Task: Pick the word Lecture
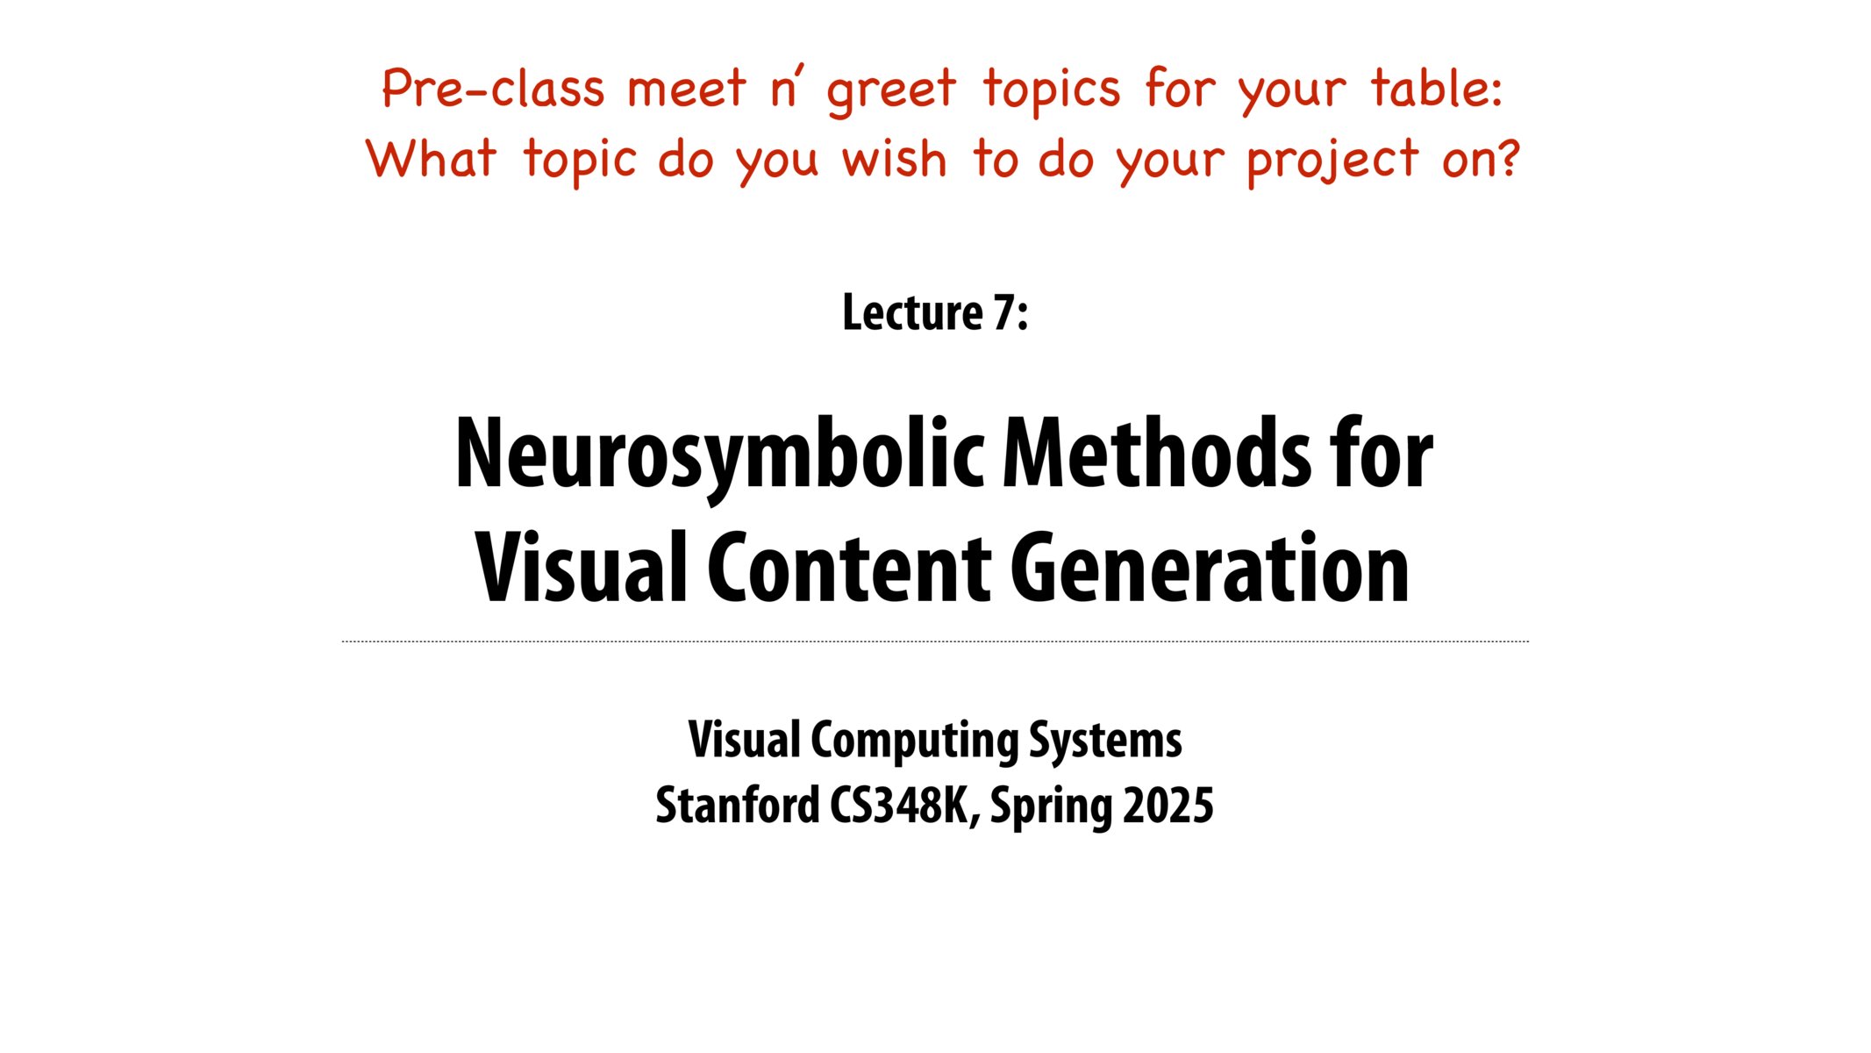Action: (912, 313)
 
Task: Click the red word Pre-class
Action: (493, 89)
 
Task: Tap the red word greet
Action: (891, 90)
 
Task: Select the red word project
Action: (1332, 161)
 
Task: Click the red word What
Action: (431, 159)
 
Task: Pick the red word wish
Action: (895, 159)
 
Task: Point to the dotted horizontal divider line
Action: (935, 641)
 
